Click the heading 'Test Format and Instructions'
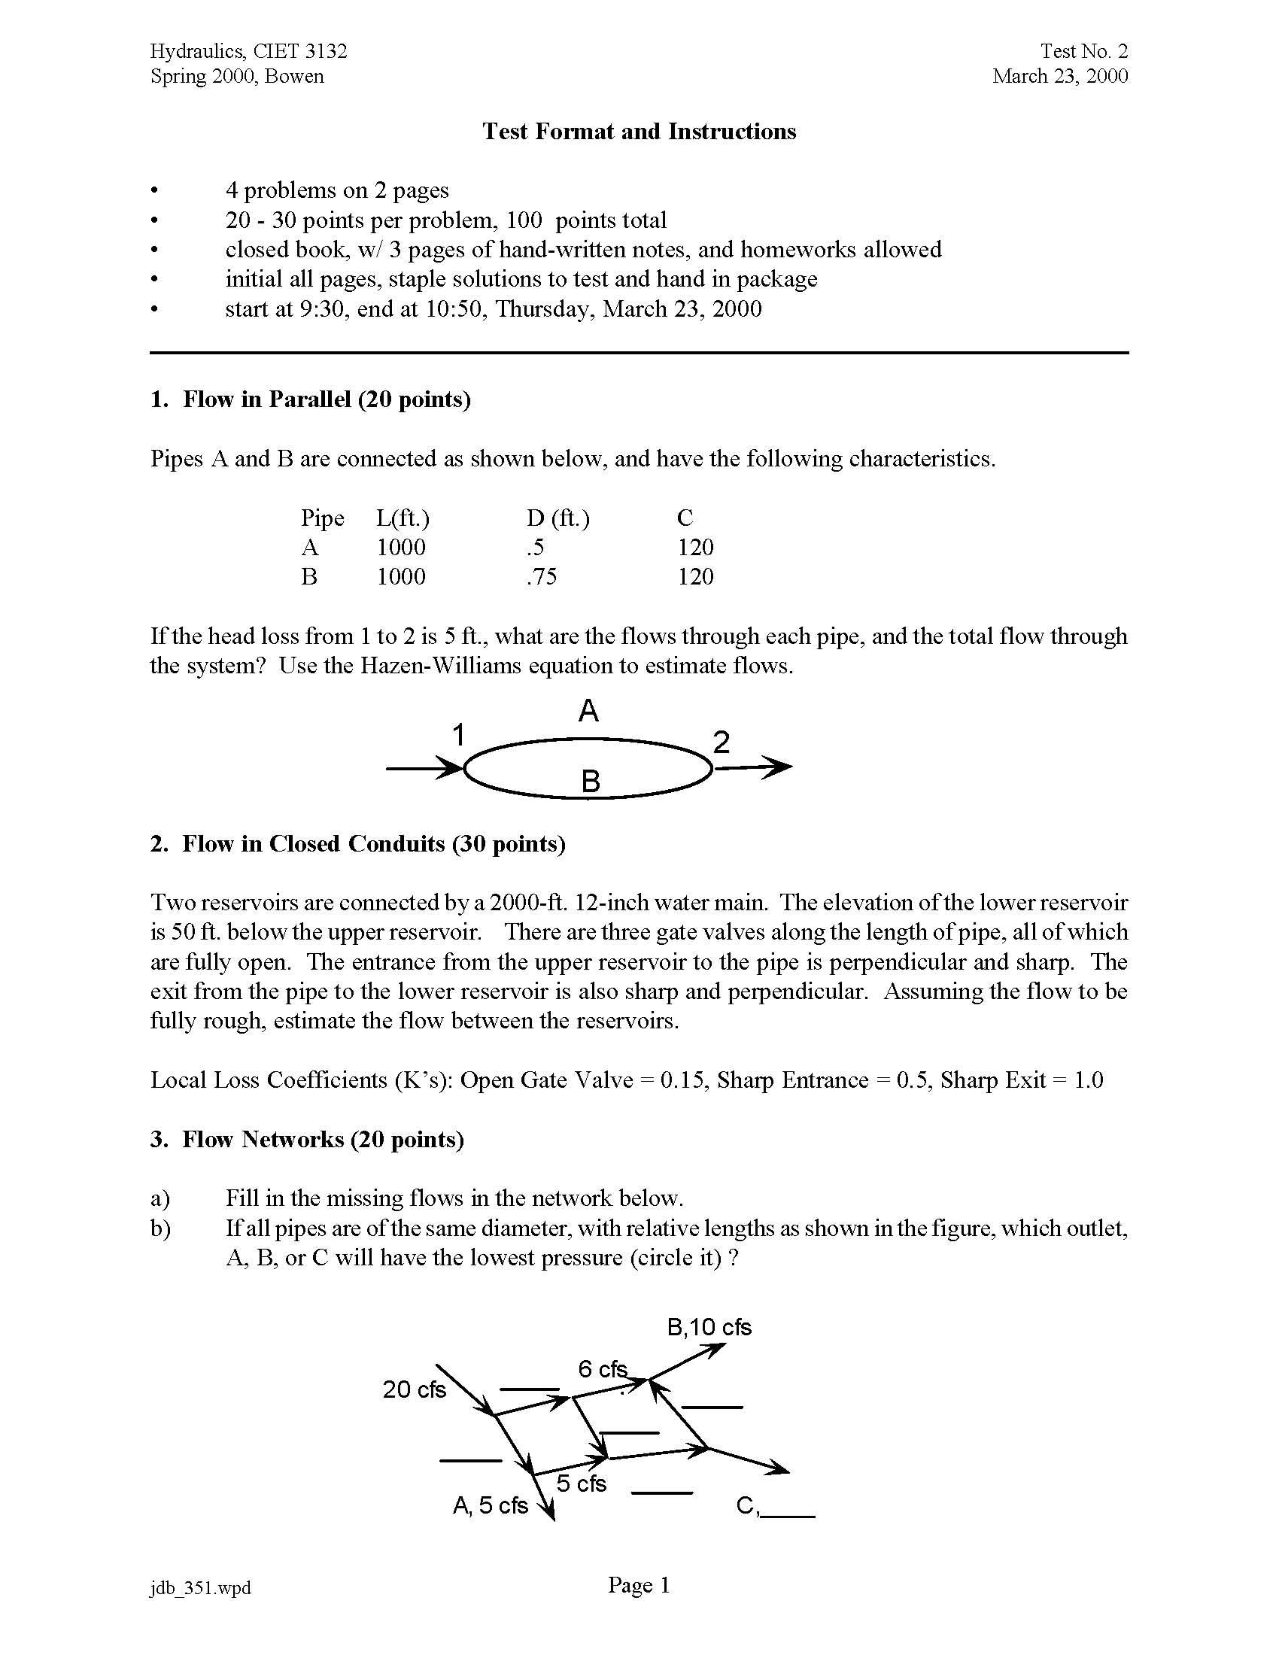coord(639,132)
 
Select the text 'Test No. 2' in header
coord(1083,50)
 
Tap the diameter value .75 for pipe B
coord(542,577)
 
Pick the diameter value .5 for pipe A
coord(535,547)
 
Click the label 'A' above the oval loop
coord(589,711)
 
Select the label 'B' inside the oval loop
coord(591,782)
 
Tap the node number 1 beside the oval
coord(457,735)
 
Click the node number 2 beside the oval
coord(722,742)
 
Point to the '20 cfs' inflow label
coord(415,1389)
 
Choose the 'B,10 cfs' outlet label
coord(709,1327)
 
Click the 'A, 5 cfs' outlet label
coord(491,1506)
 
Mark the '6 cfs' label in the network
coord(603,1369)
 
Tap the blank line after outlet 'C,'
coord(788,1514)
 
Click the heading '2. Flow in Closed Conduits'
coord(357,844)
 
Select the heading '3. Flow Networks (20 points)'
coord(307,1140)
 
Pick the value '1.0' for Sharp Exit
coord(1088,1080)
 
